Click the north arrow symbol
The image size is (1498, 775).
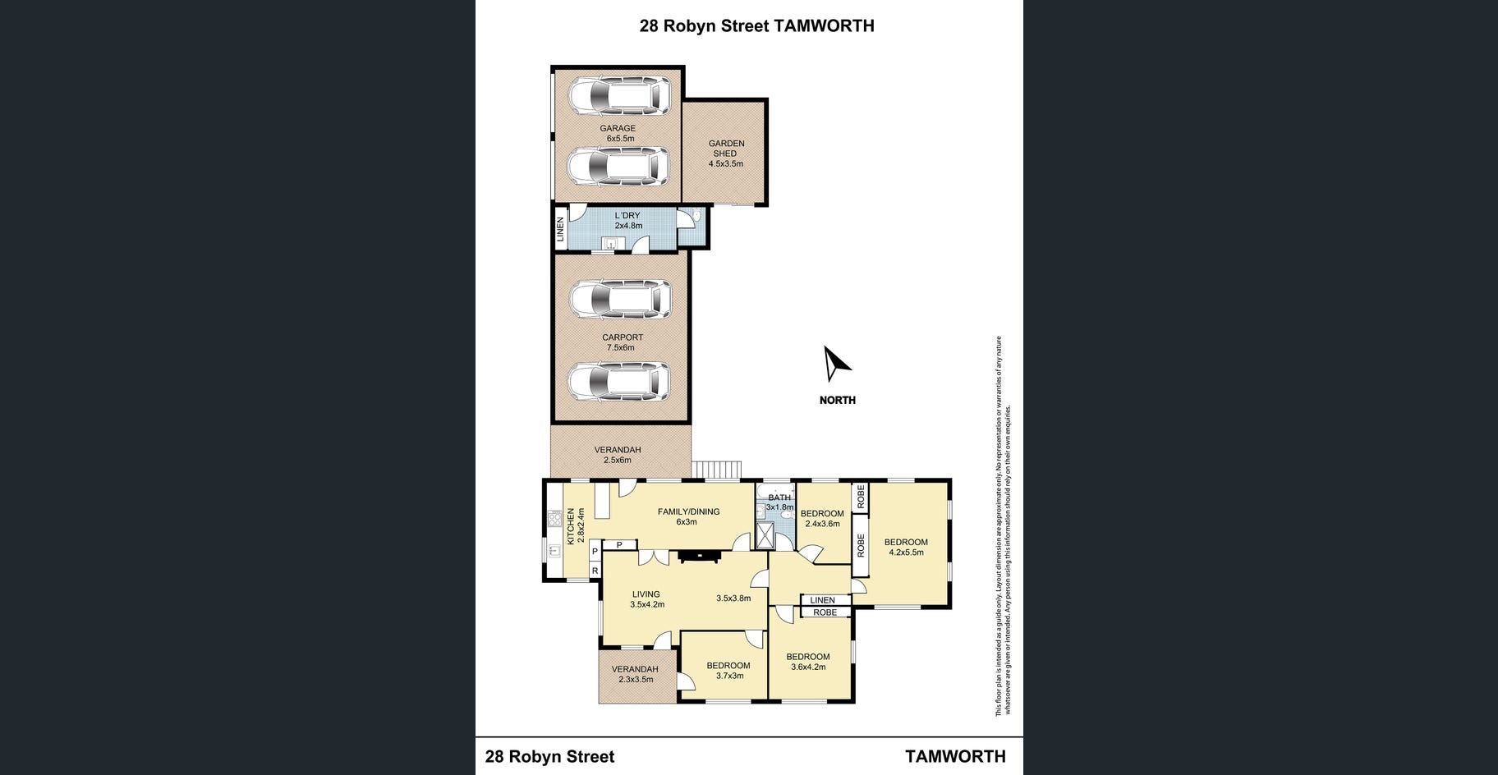tap(837, 364)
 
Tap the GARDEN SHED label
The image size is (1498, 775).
tap(726, 149)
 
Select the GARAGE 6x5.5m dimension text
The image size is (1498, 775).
tap(620, 139)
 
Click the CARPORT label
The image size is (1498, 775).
tap(623, 337)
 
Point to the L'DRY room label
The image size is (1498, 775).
tap(627, 216)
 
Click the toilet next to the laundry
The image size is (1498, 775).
tap(695, 216)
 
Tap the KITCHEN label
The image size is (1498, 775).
tap(571, 527)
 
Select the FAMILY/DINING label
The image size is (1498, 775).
tap(688, 511)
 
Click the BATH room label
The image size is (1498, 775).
tap(779, 498)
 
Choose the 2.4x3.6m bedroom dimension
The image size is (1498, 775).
tap(822, 524)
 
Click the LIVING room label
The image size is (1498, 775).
tap(646, 594)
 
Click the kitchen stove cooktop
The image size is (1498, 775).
tap(554, 519)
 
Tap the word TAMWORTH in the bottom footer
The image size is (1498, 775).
tap(955, 756)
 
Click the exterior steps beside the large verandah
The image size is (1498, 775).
tap(716, 470)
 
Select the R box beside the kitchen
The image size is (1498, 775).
tap(595, 571)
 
